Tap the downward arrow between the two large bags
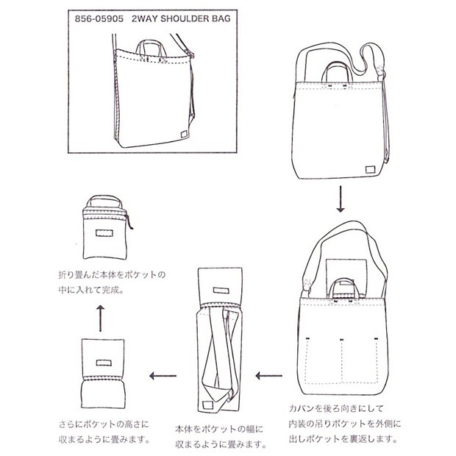[341, 196]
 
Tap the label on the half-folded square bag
[102, 360]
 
